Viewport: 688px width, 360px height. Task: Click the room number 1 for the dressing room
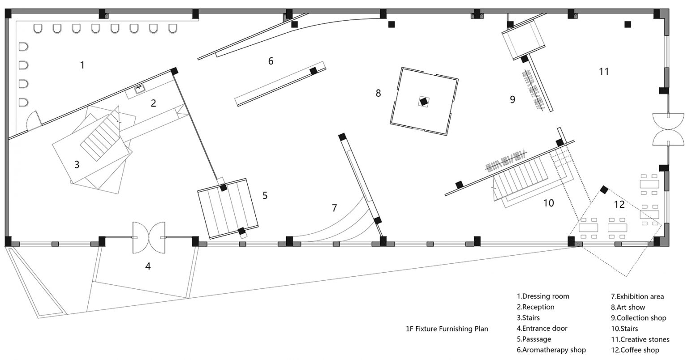click(82, 65)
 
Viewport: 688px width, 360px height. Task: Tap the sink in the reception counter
click(140, 90)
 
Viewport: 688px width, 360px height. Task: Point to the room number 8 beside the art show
click(378, 93)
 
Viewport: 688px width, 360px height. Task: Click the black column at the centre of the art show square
click(424, 101)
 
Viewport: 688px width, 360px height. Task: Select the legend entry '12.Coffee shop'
click(635, 350)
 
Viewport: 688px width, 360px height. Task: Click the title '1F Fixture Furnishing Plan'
click(447, 329)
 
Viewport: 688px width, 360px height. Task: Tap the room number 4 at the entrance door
click(148, 266)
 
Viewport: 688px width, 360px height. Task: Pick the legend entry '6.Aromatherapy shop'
click(551, 350)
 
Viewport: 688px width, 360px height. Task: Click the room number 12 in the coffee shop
click(619, 204)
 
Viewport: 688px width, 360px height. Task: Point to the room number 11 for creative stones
click(604, 72)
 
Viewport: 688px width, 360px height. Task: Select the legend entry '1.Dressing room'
click(543, 296)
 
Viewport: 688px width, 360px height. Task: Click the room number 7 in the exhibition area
click(334, 208)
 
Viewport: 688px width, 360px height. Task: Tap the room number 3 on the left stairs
click(77, 165)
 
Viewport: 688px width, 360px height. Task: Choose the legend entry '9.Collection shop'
click(638, 318)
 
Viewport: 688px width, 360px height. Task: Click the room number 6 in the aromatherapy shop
click(271, 61)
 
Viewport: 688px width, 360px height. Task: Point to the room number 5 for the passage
click(265, 195)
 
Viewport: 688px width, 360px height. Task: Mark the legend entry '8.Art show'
click(628, 307)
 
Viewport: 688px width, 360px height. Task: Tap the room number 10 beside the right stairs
click(549, 203)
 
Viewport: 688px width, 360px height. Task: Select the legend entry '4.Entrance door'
click(542, 328)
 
